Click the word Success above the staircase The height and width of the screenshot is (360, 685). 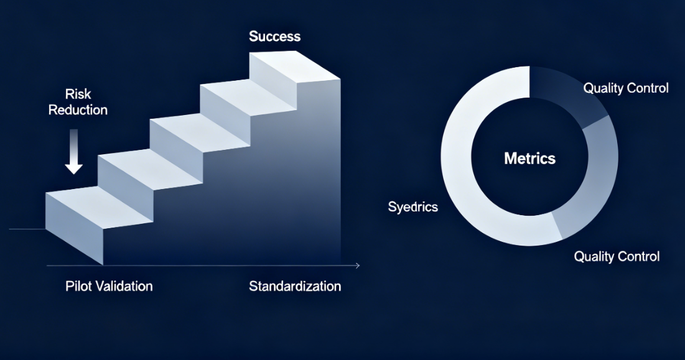[275, 36]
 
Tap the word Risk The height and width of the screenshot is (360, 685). [78, 94]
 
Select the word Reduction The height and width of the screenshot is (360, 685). [78, 109]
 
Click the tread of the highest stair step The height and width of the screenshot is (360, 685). [295, 65]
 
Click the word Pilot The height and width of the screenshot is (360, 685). [78, 286]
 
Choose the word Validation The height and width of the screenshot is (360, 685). [124, 286]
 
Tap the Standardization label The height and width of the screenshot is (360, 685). [295, 286]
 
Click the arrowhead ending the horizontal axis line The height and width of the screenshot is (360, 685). [358, 265]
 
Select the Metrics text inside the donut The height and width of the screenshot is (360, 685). [530, 158]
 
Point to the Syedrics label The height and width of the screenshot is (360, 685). [413, 206]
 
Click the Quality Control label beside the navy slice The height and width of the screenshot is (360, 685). [626, 88]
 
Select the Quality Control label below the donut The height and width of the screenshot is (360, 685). [617, 256]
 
